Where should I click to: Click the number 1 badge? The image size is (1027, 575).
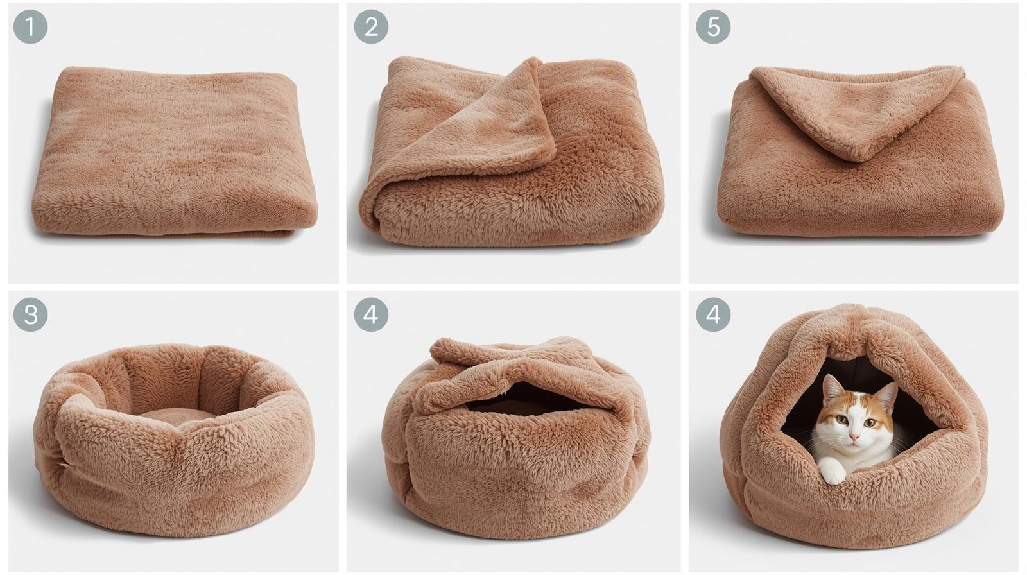30,27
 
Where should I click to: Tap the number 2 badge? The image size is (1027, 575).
371,27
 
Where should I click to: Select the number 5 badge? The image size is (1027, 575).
713,27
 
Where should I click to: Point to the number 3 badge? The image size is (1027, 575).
30,314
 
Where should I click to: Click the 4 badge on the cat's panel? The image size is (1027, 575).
713,314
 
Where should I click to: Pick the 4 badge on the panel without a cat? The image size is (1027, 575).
371,314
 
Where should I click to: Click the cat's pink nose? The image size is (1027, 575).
854,436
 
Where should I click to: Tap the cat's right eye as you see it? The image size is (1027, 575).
870,422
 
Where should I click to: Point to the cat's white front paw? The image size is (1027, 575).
833,473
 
